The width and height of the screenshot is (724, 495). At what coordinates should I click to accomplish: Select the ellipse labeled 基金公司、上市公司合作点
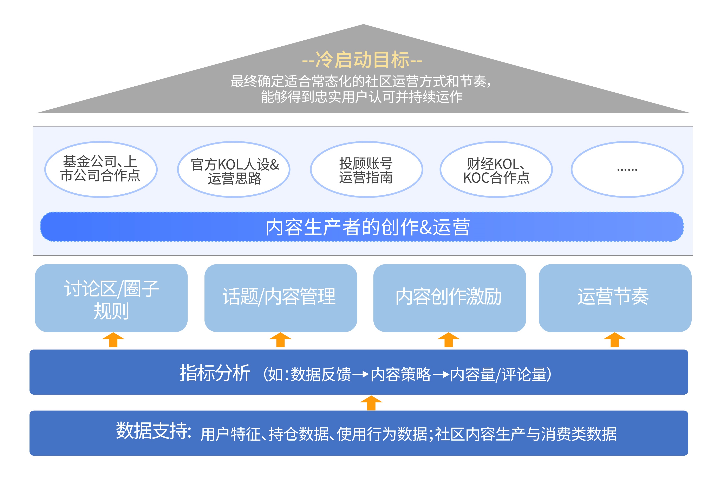[x=101, y=169]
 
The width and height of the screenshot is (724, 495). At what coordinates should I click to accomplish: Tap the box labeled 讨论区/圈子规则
[x=111, y=298]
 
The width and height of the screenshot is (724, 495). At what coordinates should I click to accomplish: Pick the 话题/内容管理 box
[x=280, y=298]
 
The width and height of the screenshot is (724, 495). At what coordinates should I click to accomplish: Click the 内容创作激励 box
[x=449, y=298]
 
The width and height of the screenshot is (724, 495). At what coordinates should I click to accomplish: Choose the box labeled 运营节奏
[x=615, y=298]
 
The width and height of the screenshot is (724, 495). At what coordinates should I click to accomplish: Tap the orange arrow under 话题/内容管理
[x=280, y=340]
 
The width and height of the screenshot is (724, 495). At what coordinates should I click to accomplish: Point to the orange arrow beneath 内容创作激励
[x=448, y=340]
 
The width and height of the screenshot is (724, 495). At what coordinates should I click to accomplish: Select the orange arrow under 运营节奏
[x=614, y=340]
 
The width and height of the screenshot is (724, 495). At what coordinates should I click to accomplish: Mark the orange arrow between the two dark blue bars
[x=371, y=403]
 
